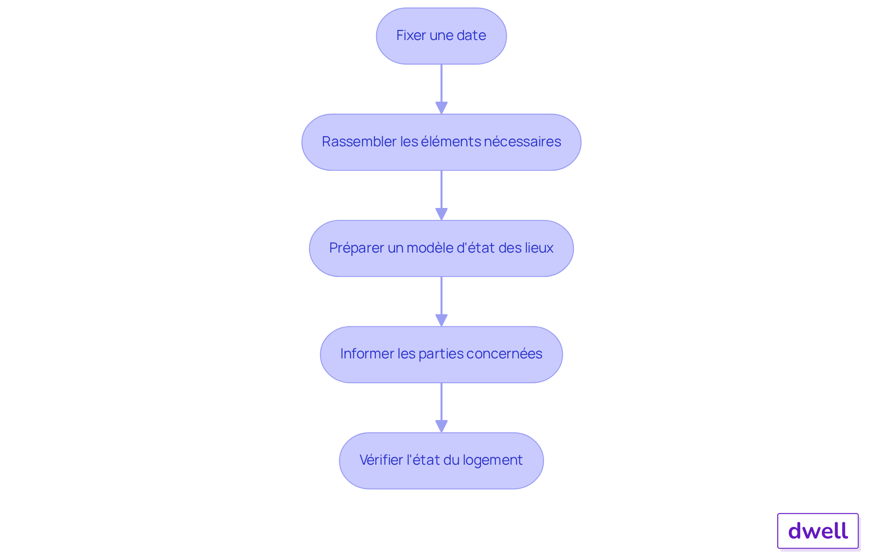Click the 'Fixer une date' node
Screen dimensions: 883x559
coord(441,36)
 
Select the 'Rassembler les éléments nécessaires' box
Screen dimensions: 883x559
coord(441,142)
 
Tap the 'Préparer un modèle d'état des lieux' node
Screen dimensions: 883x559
coord(441,248)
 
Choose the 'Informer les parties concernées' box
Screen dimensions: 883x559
coord(441,355)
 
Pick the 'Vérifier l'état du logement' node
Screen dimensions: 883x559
coord(441,461)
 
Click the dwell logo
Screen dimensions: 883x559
coord(818,531)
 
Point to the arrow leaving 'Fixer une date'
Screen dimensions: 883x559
coord(441,89)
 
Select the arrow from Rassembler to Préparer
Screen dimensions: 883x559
coord(441,196)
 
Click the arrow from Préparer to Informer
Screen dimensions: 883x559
coord(441,302)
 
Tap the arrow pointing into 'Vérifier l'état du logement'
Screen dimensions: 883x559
coord(441,408)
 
